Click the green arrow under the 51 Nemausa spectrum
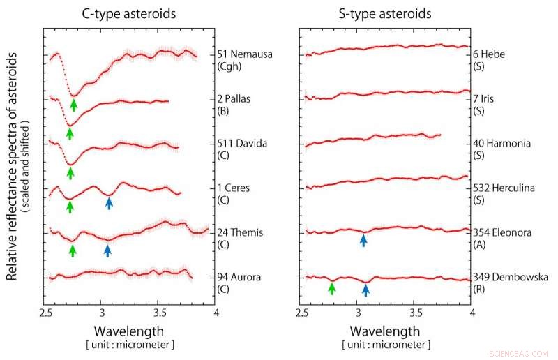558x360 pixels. point(74,105)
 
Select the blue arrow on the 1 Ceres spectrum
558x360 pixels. point(109,203)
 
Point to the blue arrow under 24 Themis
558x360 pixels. point(107,249)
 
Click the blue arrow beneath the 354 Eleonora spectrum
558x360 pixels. point(363,239)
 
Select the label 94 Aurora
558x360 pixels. point(239,278)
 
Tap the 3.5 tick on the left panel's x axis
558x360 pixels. point(159,312)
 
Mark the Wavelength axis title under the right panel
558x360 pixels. point(386,330)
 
